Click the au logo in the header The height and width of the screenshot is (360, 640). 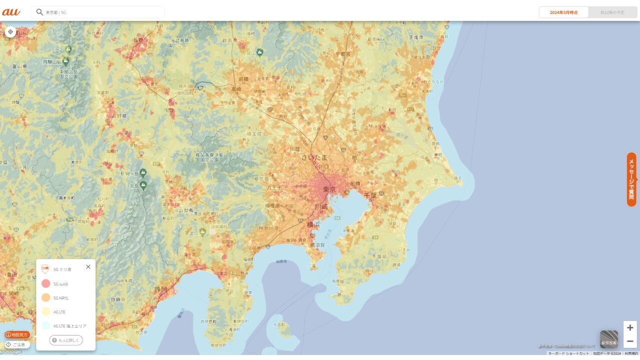tap(11, 12)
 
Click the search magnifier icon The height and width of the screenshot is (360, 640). tap(39, 12)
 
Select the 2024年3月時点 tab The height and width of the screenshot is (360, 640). tap(563, 12)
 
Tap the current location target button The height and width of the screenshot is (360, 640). tap(10, 32)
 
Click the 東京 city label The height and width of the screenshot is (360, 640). tap(329, 189)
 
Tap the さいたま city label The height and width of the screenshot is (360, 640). tap(314, 157)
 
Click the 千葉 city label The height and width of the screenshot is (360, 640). tap(370, 195)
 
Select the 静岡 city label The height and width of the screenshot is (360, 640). tap(161, 289)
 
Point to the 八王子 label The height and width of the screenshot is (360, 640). tap(274, 187)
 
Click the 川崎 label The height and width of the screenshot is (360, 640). tap(320, 206)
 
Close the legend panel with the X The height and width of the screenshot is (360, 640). tap(88, 266)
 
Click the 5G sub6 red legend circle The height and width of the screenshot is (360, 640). tap(45, 283)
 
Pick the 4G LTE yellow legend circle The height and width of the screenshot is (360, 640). tap(45, 311)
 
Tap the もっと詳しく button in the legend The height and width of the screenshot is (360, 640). tap(66, 340)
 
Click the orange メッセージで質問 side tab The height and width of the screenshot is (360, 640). tap(631, 179)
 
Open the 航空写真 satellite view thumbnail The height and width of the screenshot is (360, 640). tap(609, 339)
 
